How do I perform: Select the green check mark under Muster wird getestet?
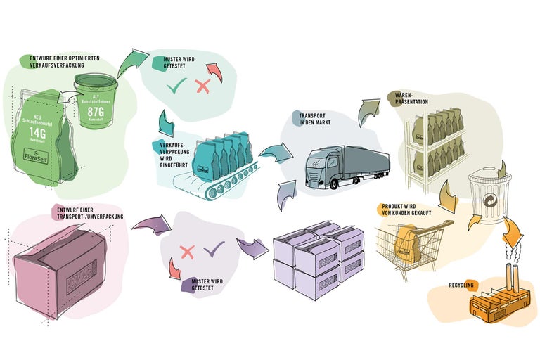click(176, 87)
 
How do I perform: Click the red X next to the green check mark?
click(202, 86)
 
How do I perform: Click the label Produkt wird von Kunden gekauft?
click(405, 210)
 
